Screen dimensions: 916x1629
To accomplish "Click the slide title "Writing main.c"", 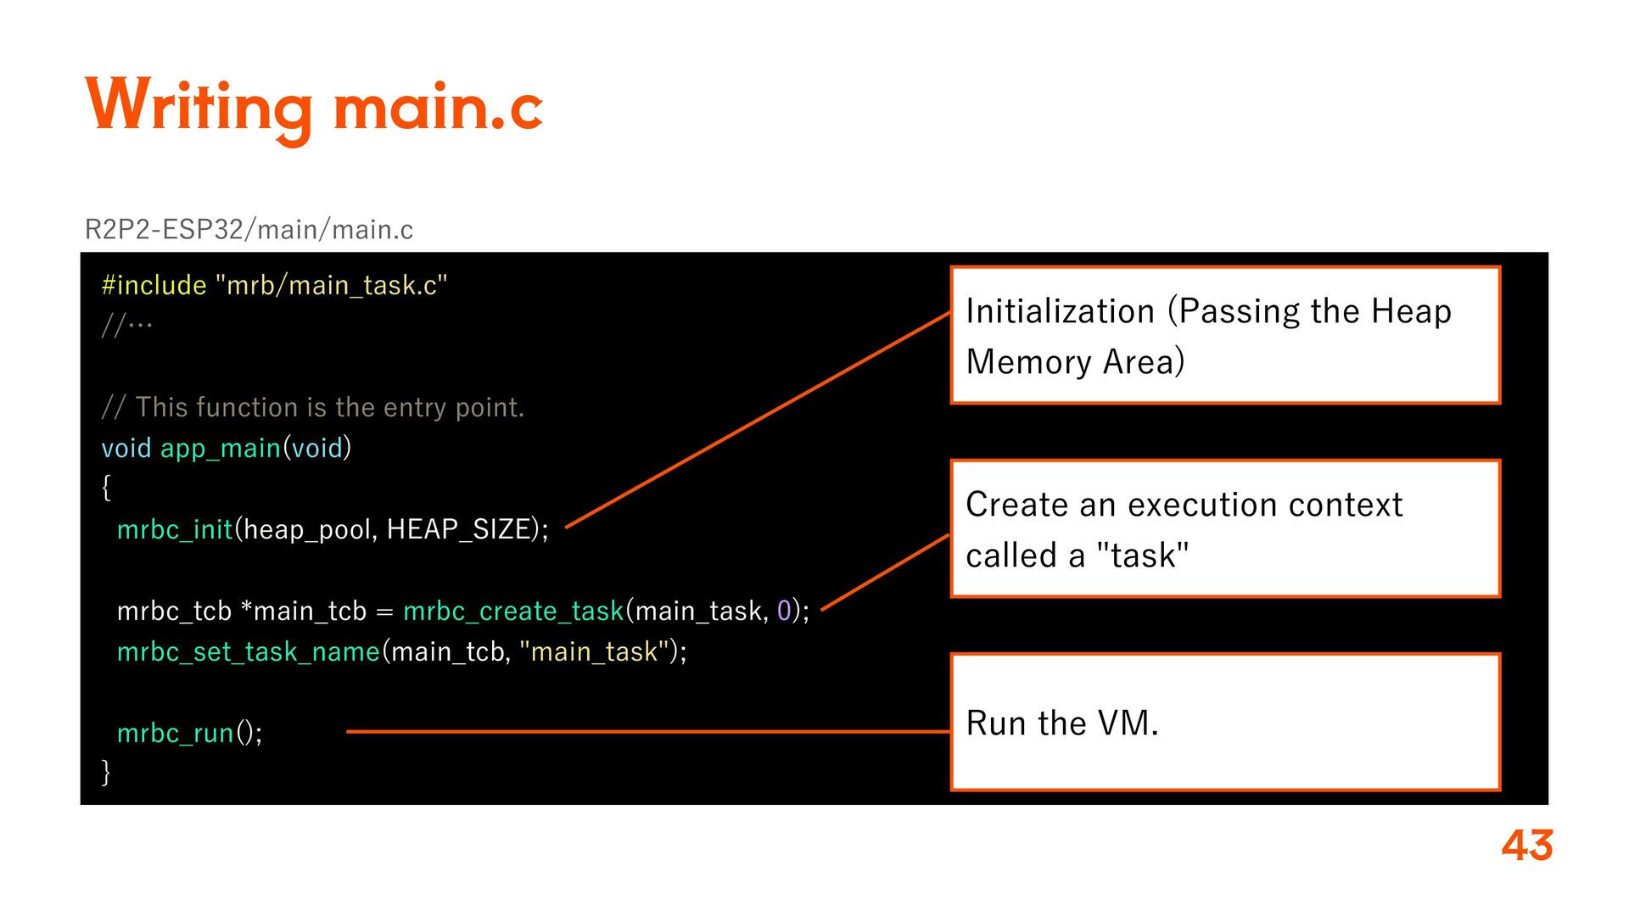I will point(314,106).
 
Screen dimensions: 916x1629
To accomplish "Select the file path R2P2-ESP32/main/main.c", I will point(249,230).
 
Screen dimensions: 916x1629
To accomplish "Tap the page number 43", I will point(1526,846).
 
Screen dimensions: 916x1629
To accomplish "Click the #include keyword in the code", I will point(154,286).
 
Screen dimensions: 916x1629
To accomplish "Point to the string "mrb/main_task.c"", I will point(332,286).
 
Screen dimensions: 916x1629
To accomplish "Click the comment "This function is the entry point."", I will point(329,408).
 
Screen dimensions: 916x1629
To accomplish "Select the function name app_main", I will point(220,448).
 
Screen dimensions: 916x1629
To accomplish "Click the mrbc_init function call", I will point(174,529).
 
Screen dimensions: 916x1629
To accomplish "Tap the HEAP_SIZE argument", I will point(458,529).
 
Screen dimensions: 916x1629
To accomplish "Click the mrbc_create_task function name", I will point(513,611).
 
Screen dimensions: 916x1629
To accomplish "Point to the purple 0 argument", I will point(784,611).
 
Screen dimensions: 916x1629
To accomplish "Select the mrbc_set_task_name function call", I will point(248,651).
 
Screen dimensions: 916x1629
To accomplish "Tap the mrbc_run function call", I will point(175,733).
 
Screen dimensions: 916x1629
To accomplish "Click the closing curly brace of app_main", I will point(106,772).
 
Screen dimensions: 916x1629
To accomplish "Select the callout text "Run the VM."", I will point(1061,723).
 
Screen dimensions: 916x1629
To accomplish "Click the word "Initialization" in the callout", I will point(1060,312).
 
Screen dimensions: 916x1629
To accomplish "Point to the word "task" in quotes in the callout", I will point(1143,556).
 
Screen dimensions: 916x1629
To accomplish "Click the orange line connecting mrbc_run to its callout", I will point(645,731).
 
